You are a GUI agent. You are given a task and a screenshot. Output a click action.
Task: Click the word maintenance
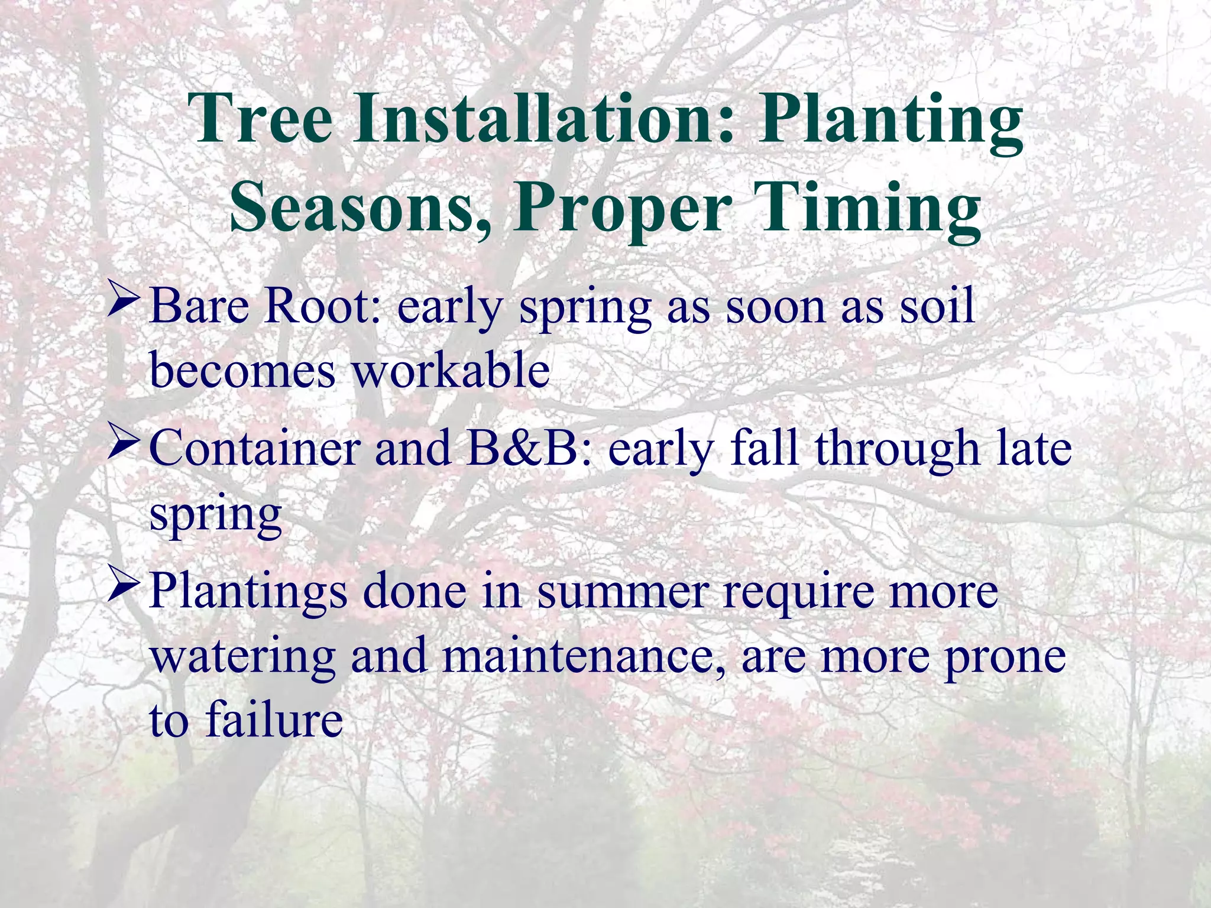click(x=583, y=656)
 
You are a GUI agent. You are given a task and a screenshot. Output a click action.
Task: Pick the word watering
click(x=243, y=656)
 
